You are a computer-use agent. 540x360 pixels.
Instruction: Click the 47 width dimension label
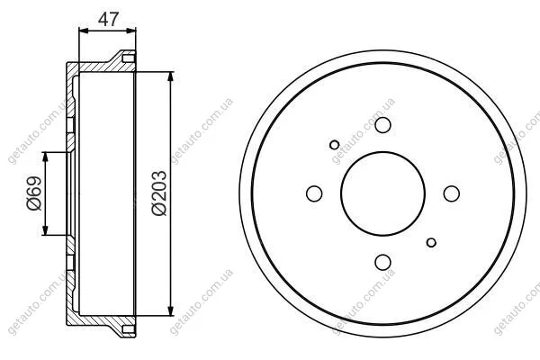click(x=108, y=19)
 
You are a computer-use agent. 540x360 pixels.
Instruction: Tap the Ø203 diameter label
click(x=159, y=193)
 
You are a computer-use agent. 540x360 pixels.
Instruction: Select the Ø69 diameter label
click(x=34, y=193)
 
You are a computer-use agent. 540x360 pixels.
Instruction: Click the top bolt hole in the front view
click(x=382, y=125)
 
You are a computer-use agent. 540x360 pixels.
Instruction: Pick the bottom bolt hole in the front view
click(x=382, y=262)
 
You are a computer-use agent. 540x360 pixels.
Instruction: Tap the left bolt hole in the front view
click(x=314, y=193)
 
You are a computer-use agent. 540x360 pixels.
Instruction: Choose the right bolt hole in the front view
click(x=452, y=193)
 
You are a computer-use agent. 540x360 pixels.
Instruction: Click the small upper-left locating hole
click(x=334, y=145)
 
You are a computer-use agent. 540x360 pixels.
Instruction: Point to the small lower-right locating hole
click(x=431, y=242)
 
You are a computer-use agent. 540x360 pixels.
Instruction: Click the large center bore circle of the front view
click(x=382, y=152)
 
